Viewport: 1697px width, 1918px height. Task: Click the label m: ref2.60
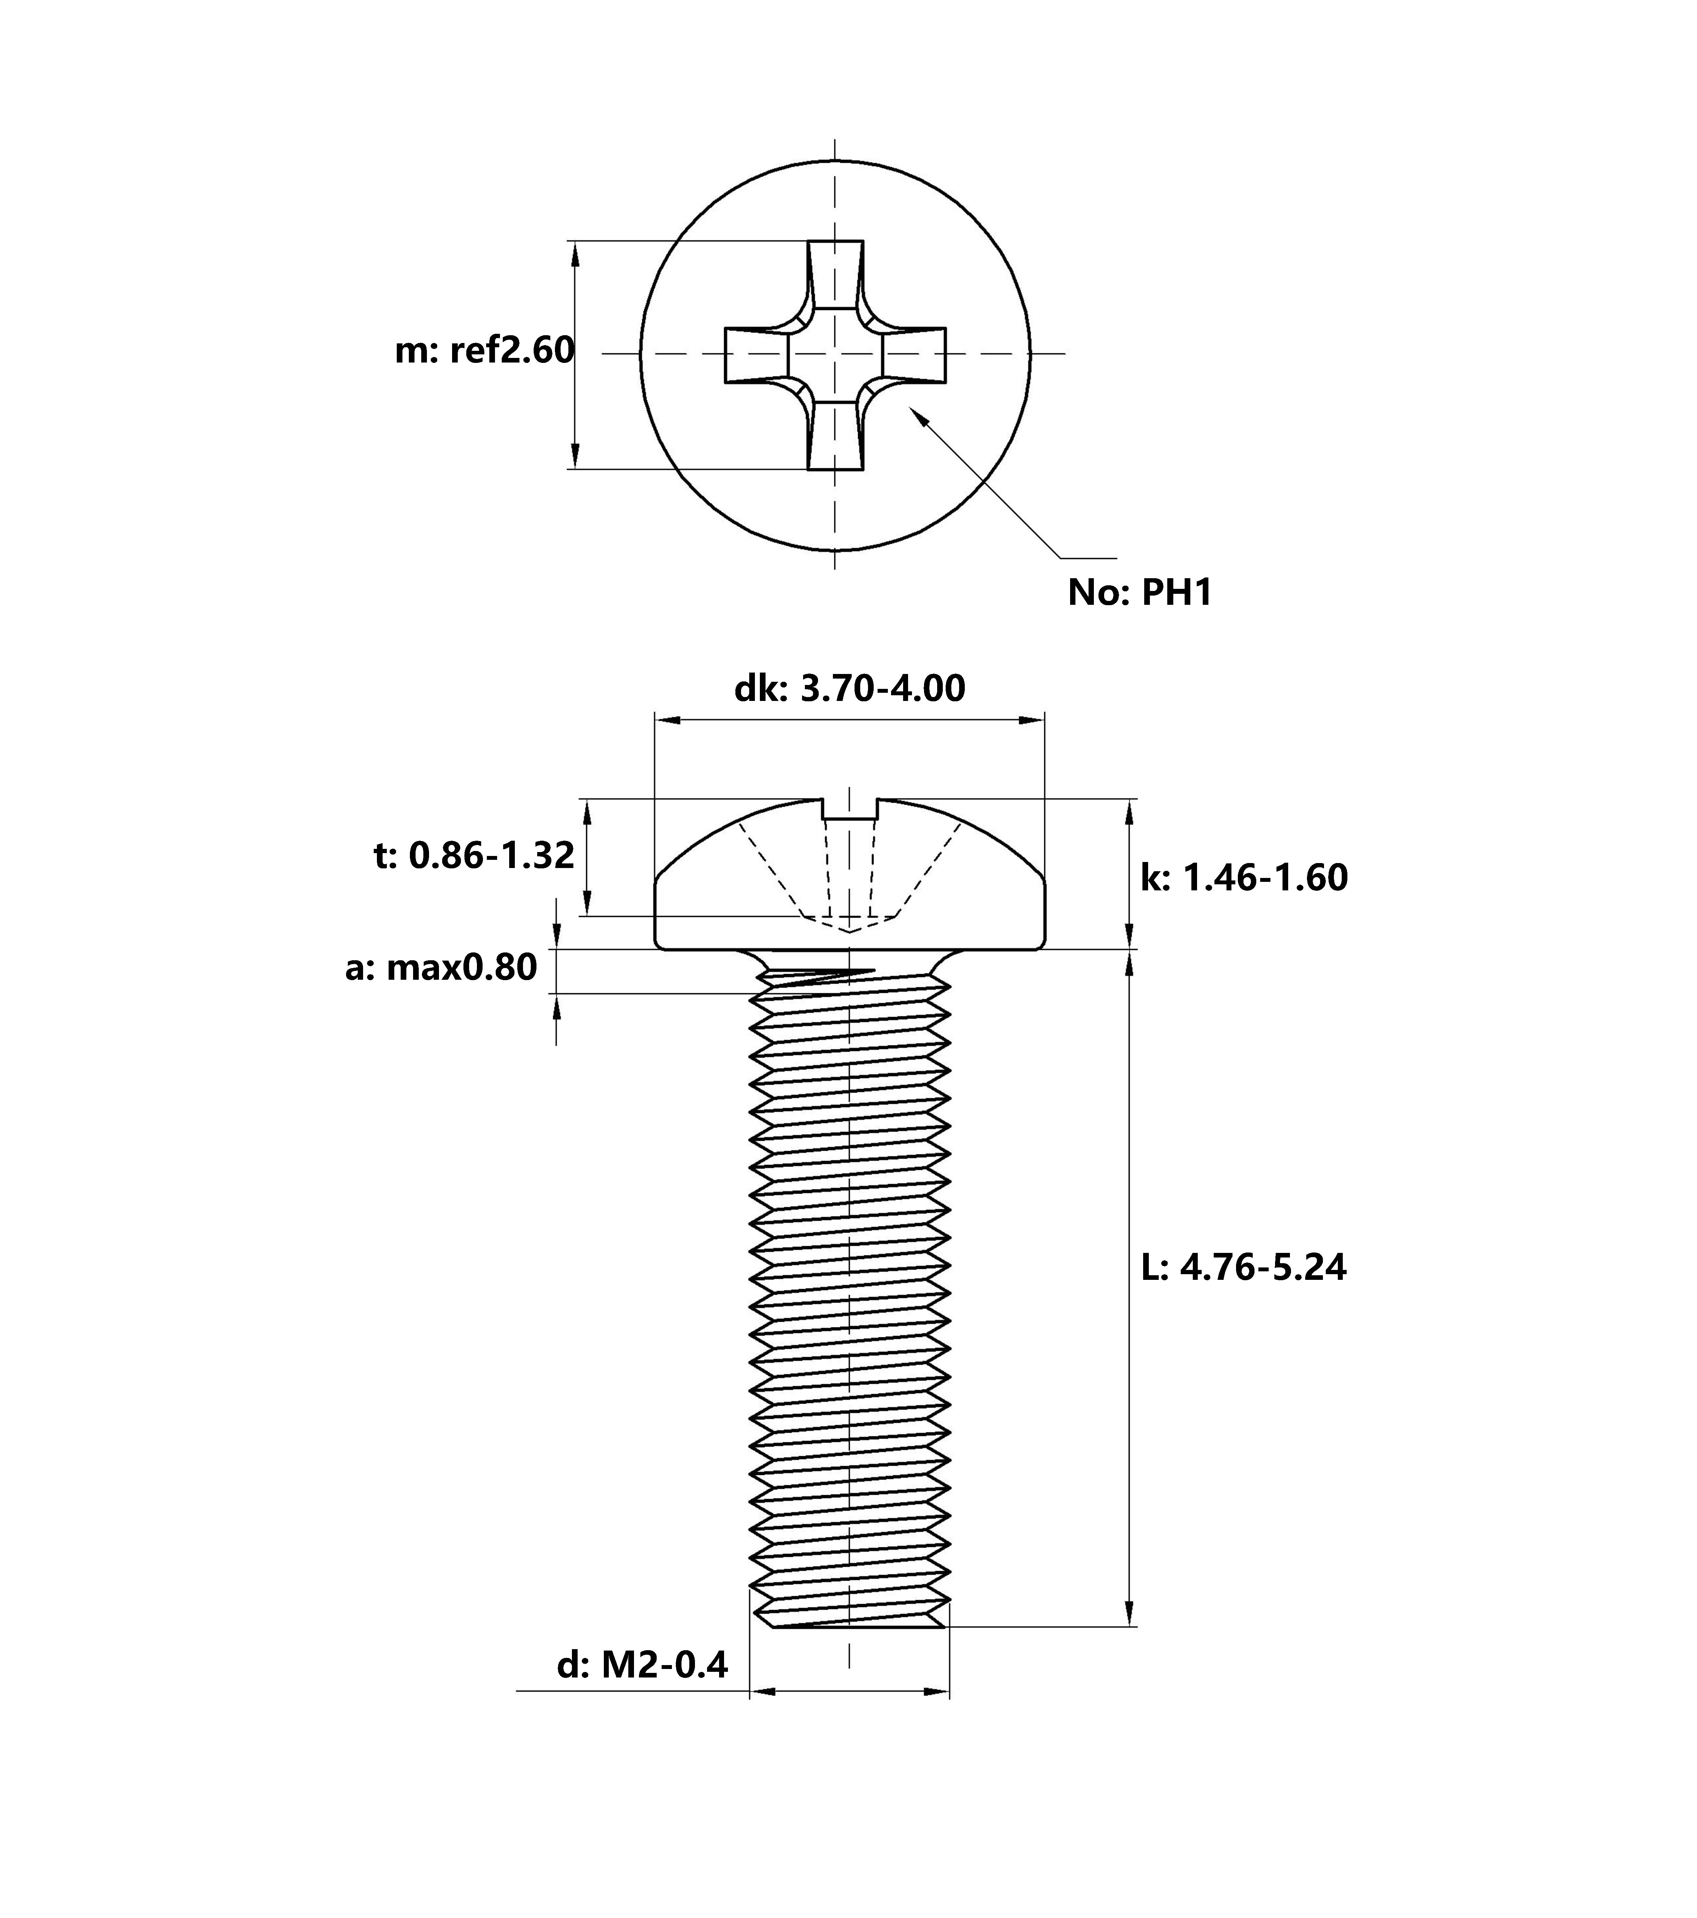click(484, 350)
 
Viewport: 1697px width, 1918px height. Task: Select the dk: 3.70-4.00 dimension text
click(849, 689)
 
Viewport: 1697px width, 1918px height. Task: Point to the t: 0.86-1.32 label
click(474, 856)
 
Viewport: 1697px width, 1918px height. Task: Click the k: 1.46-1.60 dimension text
click(1244, 877)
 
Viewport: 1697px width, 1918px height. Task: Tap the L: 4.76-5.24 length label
click(1243, 1267)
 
